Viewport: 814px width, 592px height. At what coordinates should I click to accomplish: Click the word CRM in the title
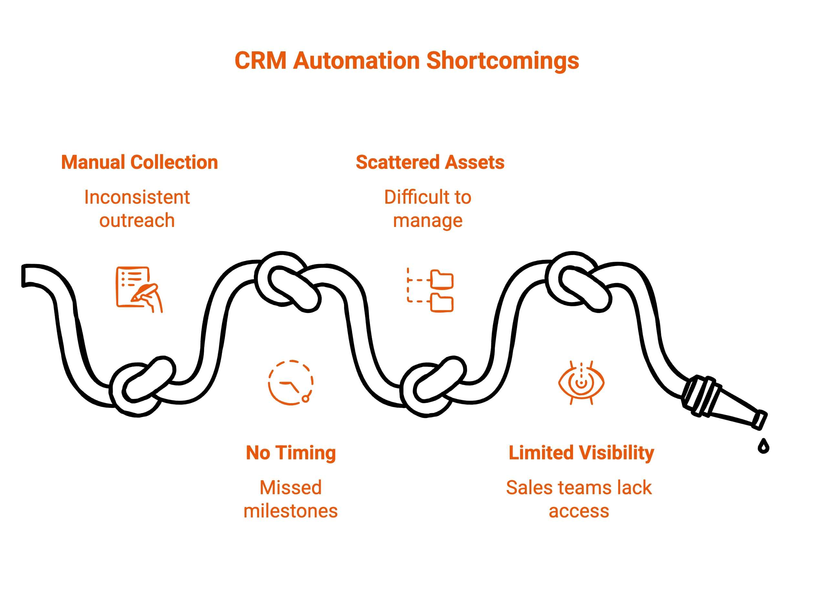click(x=260, y=61)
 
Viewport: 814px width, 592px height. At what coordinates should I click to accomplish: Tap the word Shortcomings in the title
click(x=503, y=61)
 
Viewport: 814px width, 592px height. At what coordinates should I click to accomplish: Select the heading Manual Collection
click(x=140, y=162)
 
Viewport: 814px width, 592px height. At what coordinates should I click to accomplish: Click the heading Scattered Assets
click(x=430, y=162)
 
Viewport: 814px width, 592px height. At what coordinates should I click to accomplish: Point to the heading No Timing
click(x=291, y=453)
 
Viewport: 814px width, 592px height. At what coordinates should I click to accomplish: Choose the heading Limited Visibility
click(x=581, y=453)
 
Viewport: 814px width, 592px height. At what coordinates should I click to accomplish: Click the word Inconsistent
click(x=137, y=197)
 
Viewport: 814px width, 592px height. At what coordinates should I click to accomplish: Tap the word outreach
click(x=137, y=220)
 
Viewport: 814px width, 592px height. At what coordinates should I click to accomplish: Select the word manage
click(x=427, y=221)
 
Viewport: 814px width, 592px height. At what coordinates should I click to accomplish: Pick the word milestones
click(x=290, y=511)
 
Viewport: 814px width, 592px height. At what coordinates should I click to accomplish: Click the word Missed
click(x=290, y=488)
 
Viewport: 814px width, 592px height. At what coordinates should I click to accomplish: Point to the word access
click(x=579, y=511)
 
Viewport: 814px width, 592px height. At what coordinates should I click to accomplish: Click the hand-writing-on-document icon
click(x=139, y=289)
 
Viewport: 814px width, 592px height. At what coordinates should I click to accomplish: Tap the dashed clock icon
click(x=290, y=383)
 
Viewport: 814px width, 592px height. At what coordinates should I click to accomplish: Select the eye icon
click(x=581, y=383)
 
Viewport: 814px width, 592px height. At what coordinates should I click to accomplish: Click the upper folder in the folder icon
click(x=442, y=279)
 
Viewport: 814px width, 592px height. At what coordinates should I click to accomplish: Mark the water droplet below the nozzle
click(x=763, y=446)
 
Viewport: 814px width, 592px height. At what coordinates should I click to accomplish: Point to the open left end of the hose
click(x=25, y=276)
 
